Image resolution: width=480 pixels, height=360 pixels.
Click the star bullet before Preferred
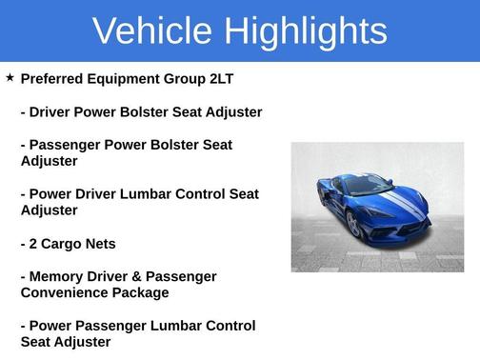click(10, 77)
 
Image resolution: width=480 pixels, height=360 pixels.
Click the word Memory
click(59, 276)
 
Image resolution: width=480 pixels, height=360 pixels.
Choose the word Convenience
click(63, 292)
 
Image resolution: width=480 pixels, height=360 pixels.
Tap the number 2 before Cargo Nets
click(35, 244)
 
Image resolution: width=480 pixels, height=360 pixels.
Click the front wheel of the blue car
click(353, 225)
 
